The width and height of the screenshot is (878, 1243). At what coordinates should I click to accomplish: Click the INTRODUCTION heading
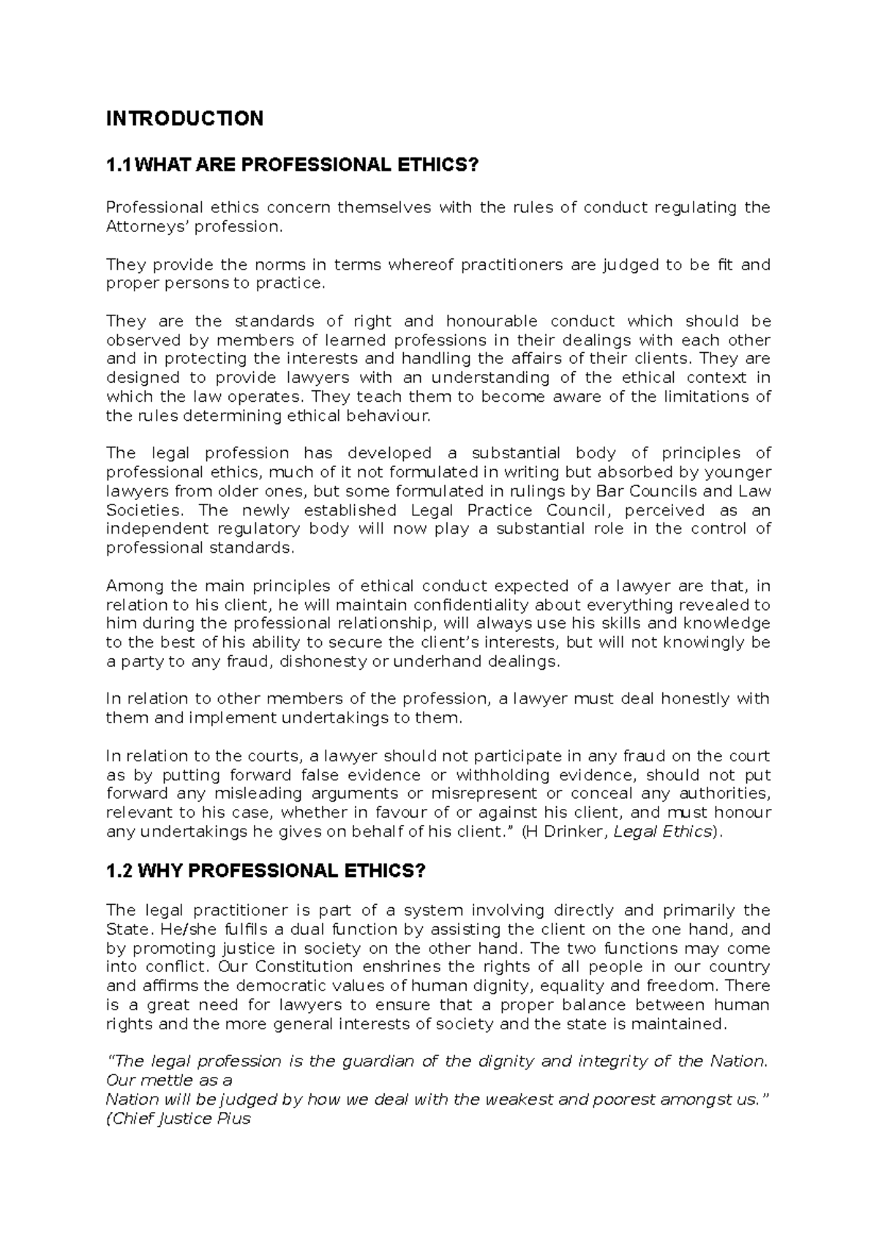pos(184,119)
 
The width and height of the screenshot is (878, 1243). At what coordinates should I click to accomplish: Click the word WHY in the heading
pos(160,871)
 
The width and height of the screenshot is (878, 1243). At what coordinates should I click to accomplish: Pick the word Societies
pos(142,510)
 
